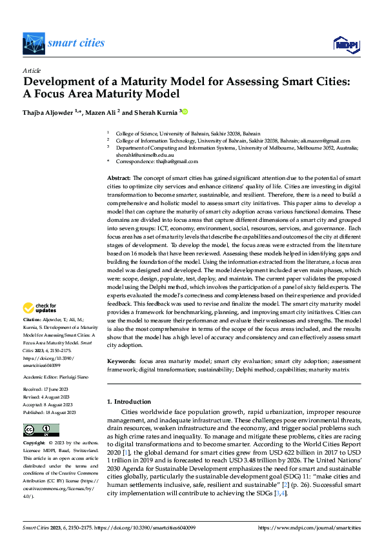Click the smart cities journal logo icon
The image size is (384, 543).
[x=34, y=44]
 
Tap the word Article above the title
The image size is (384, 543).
[x=32, y=70]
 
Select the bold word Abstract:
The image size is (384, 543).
[x=119, y=177]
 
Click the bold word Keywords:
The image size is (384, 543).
[x=121, y=362]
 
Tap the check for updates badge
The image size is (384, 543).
[x=40, y=308]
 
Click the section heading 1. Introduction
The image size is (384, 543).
[x=128, y=402]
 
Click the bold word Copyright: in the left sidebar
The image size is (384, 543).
[x=35, y=444]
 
